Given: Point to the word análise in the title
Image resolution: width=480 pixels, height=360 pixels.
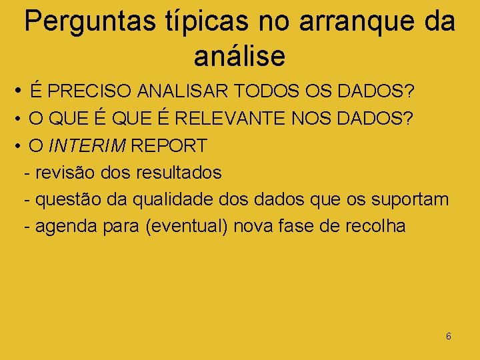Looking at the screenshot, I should click(x=239, y=55).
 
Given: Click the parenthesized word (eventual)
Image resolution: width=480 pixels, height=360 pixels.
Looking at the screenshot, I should click(x=187, y=227).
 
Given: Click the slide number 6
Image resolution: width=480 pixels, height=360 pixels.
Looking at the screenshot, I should click(x=448, y=336).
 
